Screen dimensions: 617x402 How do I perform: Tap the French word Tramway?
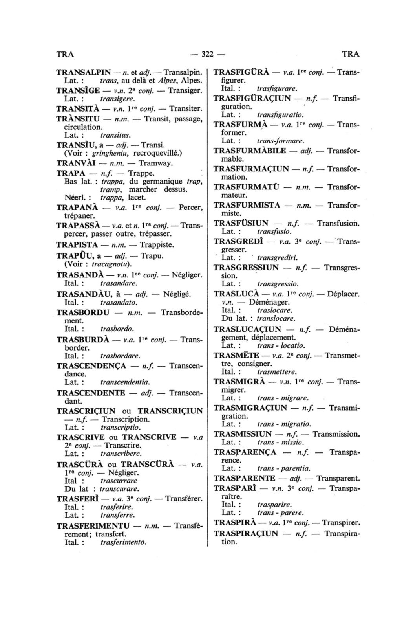[x=157, y=163]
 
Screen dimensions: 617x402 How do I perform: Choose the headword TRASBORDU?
[x=83, y=312]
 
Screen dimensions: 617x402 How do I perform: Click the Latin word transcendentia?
[x=125, y=382]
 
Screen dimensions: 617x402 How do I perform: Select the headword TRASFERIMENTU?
[x=93, y=526]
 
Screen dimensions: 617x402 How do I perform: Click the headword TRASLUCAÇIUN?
[x=247, y=329]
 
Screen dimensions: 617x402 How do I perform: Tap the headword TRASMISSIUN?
[x=243, y=434]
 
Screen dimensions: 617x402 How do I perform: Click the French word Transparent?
[x=338, y=478]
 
